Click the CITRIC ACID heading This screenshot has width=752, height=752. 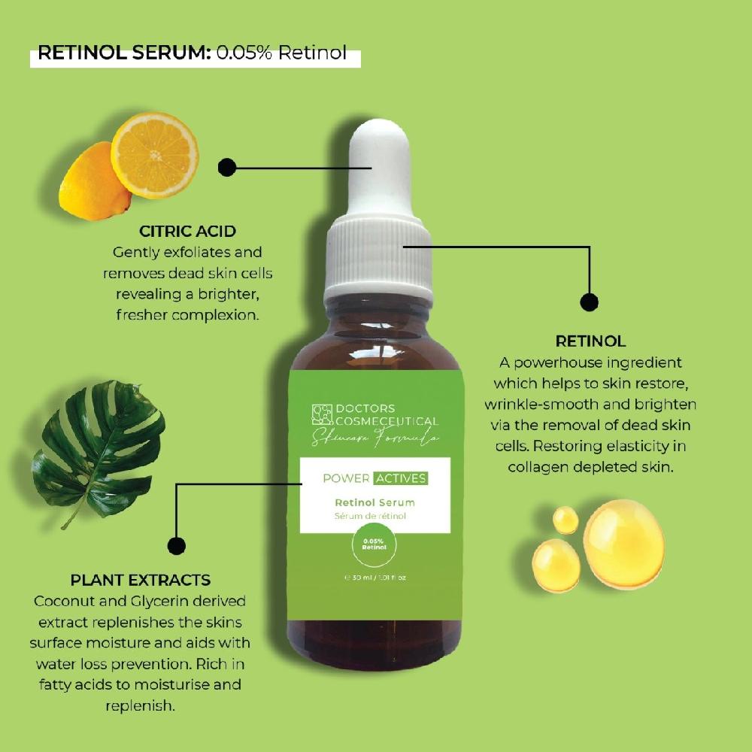(x=187, y=231)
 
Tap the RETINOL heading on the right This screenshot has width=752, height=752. (x=590, y=341)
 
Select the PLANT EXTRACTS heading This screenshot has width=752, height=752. (x=141, y=580)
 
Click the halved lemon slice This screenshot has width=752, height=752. (x=155, y=155)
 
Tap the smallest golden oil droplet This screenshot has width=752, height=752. (x=566, y=520)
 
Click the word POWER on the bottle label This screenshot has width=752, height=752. (x=345, y=478)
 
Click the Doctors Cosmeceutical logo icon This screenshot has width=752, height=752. (x=322, y=414)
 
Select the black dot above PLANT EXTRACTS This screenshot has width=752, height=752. (x=176, y=546)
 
